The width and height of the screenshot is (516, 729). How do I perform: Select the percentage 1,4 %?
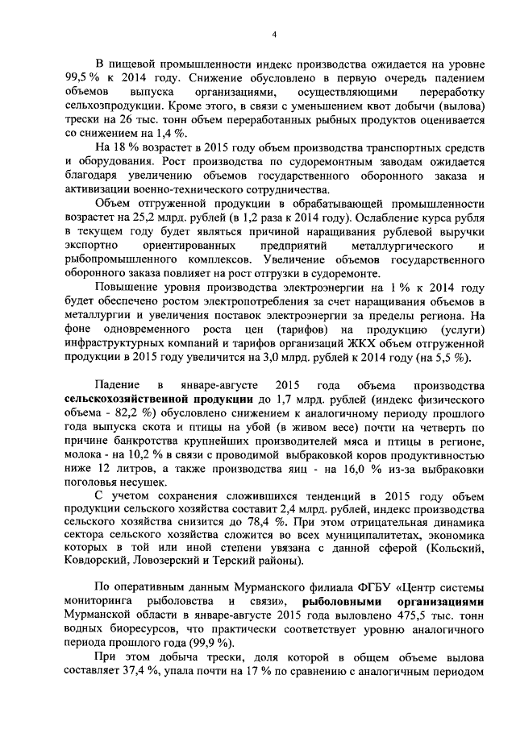175,133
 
